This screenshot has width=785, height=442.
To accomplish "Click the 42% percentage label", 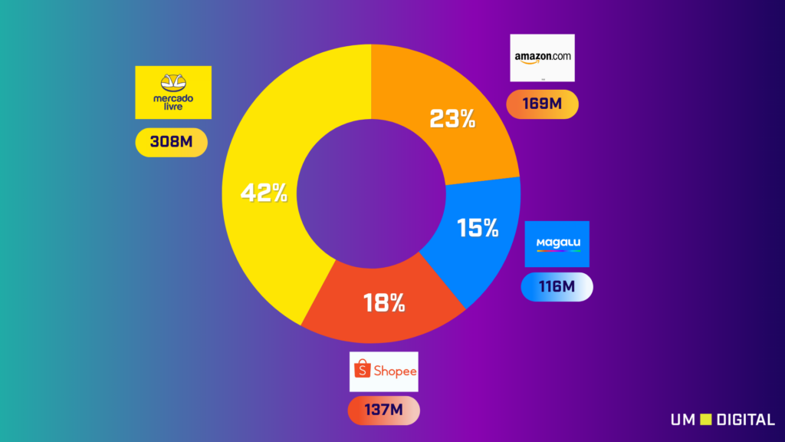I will pyautogui.click(x=264, y=193).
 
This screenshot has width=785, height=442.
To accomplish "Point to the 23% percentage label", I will pyautogui.click(x=453, y=119).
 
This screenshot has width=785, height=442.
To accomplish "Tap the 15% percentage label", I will pyautogui.click(x=478, y=228).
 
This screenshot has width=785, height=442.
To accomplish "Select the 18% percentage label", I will pyautogui.click(x=384, y=303).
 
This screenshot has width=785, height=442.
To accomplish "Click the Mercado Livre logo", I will pyautogui.click(x=172, y=92).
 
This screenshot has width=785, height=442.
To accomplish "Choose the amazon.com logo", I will pyautogui.click(x=542, y=58).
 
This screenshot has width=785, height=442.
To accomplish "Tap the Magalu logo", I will pyautogui.click(x=557, y=244).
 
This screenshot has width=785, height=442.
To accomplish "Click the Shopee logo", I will pyautogui.click(x=383, y=371).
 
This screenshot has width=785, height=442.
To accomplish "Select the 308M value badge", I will pyautogui.click(x=172, y=142).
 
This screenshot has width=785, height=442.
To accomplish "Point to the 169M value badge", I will pyautogui.click(x=542, y=104).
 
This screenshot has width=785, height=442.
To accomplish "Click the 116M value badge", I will pyautogui.click(x=557, y=287).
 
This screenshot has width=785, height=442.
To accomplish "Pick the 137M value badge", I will pyautogui.click(x=383, y=410).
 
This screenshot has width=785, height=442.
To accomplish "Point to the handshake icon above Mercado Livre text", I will pyautogui.click(x=172, y=81).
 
